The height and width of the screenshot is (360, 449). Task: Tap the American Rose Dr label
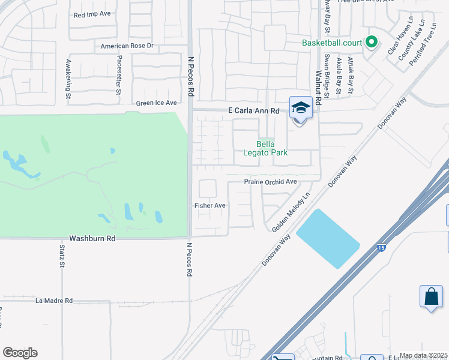[127, 46]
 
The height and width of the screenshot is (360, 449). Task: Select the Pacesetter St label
[119, 76]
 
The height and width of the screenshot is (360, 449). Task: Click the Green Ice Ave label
[157, 103]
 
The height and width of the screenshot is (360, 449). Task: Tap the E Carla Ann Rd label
[255, 111]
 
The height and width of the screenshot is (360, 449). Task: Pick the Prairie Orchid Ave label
[271, 182]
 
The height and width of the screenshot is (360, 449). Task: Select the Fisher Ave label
[209, 205]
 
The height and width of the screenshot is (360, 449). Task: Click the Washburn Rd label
[92, 238]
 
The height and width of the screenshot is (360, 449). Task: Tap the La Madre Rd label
[54, 301]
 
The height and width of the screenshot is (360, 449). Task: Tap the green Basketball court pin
[372, 42]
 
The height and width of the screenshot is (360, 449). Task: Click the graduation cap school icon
[301, 108]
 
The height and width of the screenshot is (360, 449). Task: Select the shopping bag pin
[432, 296]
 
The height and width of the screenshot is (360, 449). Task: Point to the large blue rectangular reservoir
[328, 238]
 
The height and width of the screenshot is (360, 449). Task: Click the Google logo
[20, 353]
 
